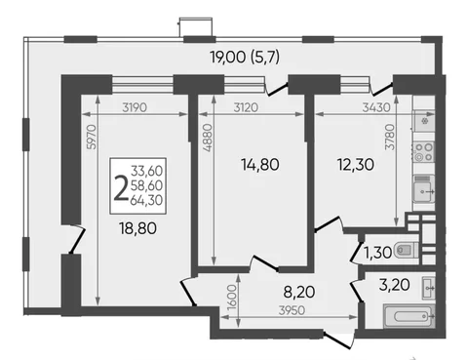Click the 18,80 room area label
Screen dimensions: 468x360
(x=137, y=228)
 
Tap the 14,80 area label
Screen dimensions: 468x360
(x=260, y=165)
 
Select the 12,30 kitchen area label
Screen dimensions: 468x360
(x=356, y=165)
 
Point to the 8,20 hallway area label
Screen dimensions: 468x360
(x=299, y=292)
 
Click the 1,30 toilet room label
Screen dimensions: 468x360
(x=377, y=253)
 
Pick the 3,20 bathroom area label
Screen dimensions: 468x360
(x=394, y=285)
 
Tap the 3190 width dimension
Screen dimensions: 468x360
(x=135, y=107)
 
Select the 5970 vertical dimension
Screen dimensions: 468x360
(x=93, y=137)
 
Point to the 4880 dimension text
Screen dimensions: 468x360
(x=208, y=138)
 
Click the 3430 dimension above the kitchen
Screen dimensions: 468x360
(x=376, y=107)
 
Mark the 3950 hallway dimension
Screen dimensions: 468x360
(x=292, y=310)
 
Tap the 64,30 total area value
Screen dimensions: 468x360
(x=146, y=200)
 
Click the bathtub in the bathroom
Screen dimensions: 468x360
(x=409, y=316)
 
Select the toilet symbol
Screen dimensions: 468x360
(x=406, y=251)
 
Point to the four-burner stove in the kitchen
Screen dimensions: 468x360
(x=423, y=152)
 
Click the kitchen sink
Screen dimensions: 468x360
(x=423, y=190)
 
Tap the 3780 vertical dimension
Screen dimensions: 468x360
(x=389, y=138)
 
